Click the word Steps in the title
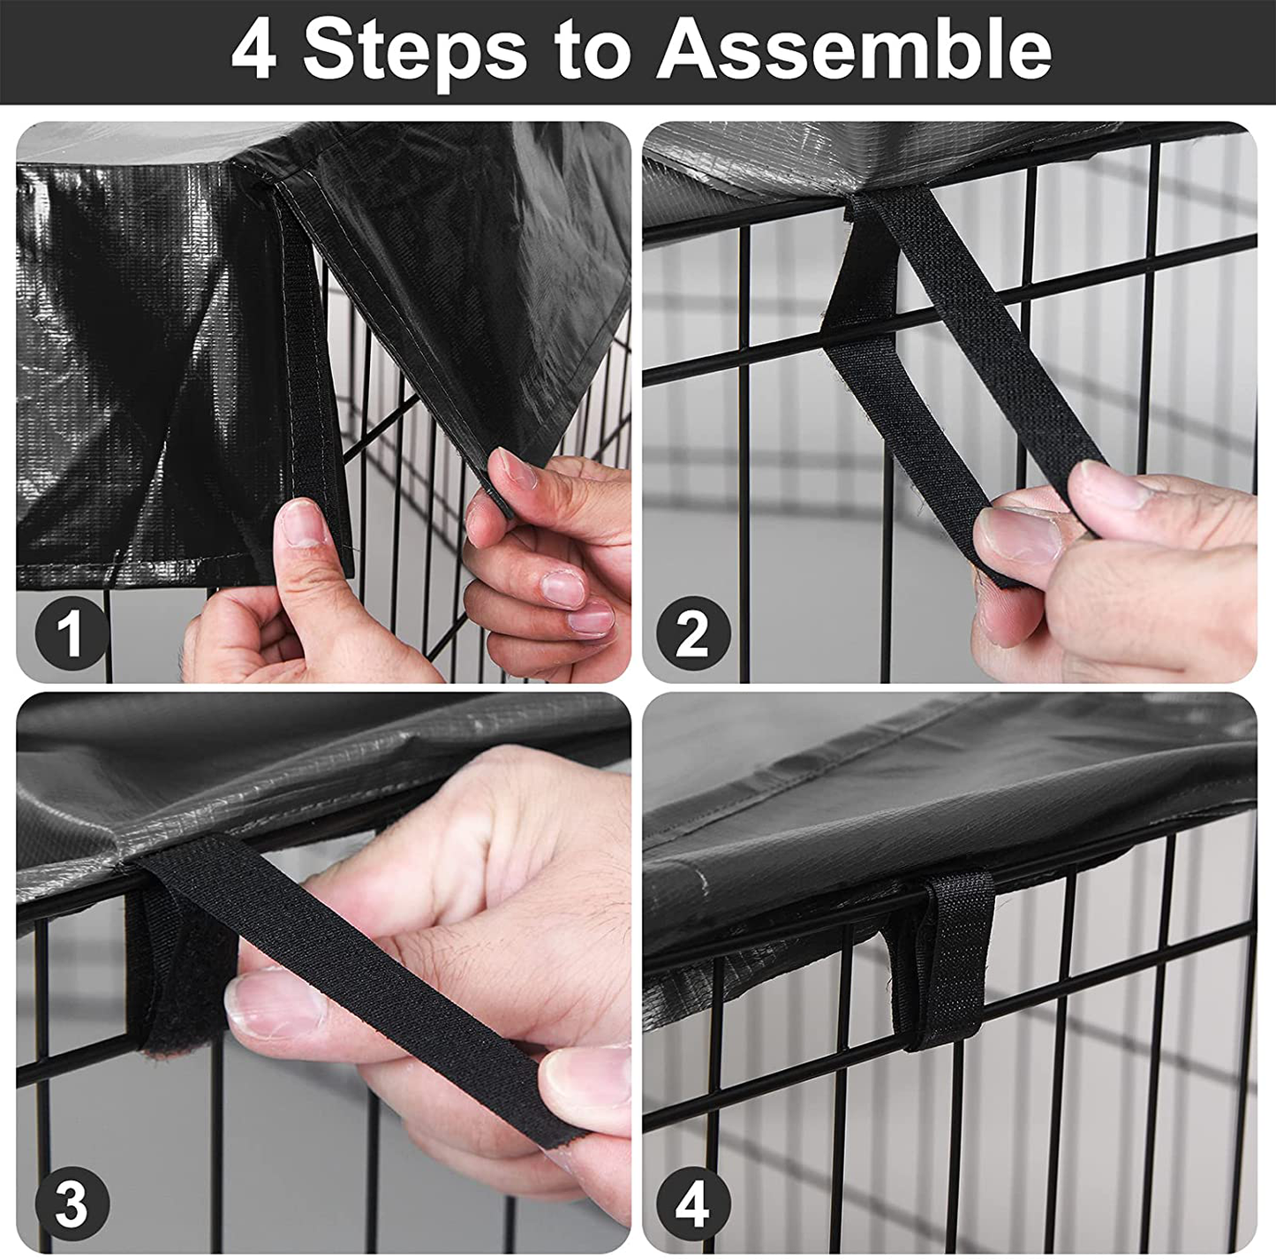pos(414,53)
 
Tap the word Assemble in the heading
pos(854,51)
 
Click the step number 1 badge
pos(71,633)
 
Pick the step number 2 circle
pos(693,633)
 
